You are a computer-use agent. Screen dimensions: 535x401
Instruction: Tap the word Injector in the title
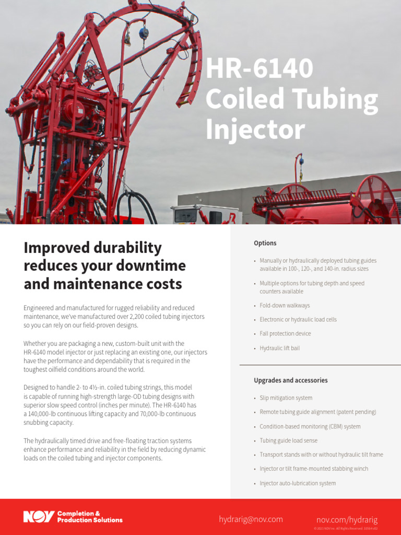[255, 130]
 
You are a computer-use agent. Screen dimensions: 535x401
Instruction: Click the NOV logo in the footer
[39, 517]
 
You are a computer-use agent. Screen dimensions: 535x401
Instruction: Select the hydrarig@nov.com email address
[251, 519]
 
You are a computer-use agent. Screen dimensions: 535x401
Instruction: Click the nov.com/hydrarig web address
[347, 520]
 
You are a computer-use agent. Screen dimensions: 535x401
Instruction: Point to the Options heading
[265, 243]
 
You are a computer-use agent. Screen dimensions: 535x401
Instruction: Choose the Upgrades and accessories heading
[291, 380]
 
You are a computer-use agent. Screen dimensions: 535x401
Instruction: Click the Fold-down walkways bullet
[285, 306]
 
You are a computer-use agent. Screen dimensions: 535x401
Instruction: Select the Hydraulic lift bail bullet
[280, 348]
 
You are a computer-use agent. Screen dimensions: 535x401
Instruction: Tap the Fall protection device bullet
[285, 334]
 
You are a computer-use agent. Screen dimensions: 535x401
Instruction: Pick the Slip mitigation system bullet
[286, 398]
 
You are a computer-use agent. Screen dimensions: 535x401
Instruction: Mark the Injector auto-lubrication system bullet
[298, 483]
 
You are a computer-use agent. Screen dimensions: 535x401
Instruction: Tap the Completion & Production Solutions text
[90, 517]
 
